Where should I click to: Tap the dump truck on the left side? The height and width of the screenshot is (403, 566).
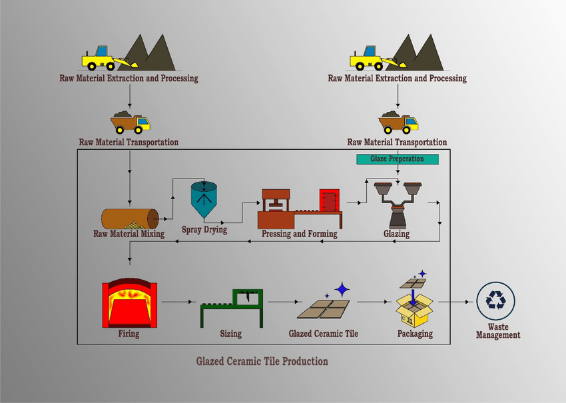[x=131, y=122]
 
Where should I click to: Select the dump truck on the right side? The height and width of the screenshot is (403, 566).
[x=398, y=122]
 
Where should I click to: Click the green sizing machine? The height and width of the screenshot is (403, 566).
[x=233, y=308]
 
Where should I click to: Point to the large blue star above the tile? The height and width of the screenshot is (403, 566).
[x=343, y=289]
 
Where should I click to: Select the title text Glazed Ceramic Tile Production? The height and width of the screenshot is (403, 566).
[x=262, y=362]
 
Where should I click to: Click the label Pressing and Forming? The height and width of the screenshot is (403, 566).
[x=300, y=234]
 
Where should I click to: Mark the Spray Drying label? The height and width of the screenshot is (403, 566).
[x=204, y=230]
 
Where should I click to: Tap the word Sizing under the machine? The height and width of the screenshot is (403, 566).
[x=230, y=333]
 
